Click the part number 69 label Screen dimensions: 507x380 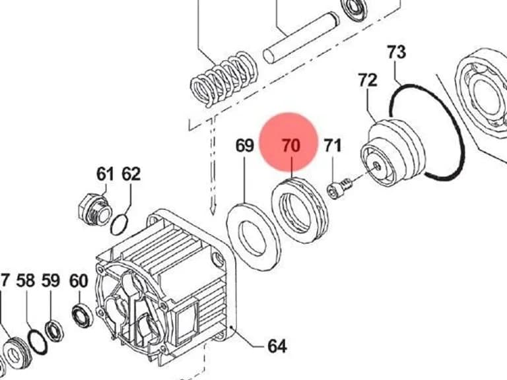pos(244,145)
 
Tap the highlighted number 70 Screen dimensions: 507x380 pos(291,145)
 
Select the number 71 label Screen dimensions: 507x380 pos(333,145)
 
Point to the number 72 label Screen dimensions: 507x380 pos(368,80)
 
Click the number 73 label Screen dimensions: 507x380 pos(396,52)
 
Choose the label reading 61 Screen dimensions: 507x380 pos(105,174)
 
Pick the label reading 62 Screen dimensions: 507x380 pos(131,174)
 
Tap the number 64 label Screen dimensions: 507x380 pos(277,346)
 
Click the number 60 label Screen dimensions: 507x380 pos(79,281)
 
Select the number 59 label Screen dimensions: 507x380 pos(51,280)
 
